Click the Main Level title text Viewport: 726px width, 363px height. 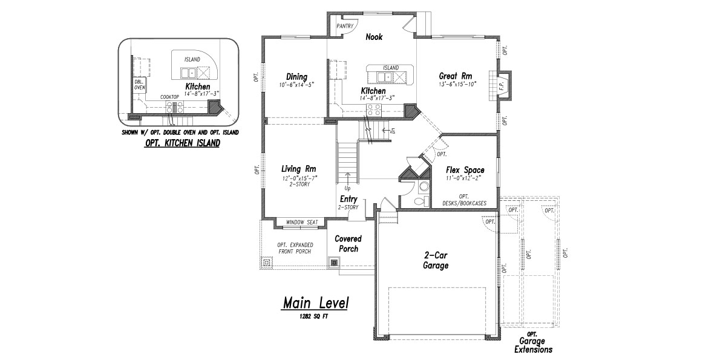[x=316, y=303]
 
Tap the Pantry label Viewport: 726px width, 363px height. [x=344, y=26]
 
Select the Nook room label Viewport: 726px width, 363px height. [x=374, y=37]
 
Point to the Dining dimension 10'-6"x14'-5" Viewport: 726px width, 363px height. [x=296, y=85]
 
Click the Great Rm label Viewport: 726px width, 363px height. [x=456, y=76]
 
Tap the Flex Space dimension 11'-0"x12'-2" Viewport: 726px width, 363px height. [x=463, y=178]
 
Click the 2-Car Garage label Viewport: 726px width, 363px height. [x=436, y=260]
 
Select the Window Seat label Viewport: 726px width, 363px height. [x=302, y=223]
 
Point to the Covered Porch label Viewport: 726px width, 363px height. [x=348, y=244]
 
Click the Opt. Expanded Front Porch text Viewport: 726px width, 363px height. [x=295, y=248]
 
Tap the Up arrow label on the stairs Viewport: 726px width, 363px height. [x=347, y=188]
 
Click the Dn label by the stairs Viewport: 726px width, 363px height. [x=393, y=131]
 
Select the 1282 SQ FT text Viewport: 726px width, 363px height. [x=314, y=316]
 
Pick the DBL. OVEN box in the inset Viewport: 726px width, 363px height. [x=140, y=85]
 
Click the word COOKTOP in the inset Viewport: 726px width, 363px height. [x=169, y=97]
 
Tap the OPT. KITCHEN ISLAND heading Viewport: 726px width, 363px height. [x=183, y=143]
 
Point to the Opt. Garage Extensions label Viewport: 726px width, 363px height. [x=533, y=342]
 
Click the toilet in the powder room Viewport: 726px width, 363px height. [x=421, y=201]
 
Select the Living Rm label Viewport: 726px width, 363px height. [x=298, y=169]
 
